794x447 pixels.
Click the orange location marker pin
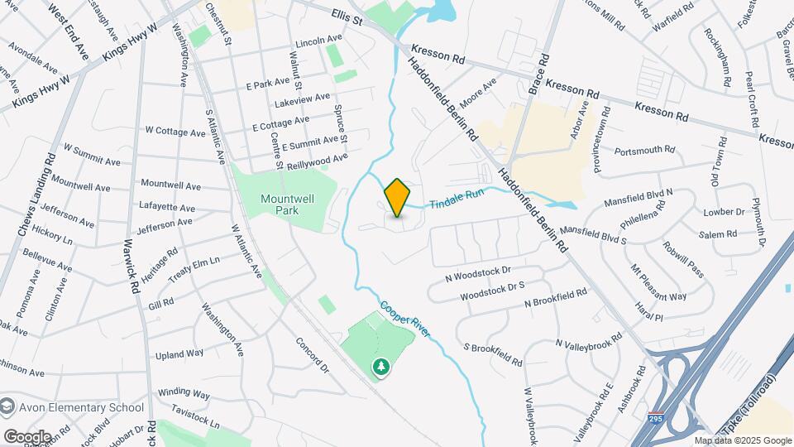(398, 198)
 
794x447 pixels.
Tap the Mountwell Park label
(284, 204)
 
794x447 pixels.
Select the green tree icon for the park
(381, 366)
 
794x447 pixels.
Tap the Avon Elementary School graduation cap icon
(8, 406)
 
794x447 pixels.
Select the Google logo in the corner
(27, 436)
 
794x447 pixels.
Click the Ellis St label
(347, 17)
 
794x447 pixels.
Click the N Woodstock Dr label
(478, 274)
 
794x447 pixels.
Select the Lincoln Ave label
(318, 41)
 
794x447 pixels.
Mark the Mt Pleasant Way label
(658, 282)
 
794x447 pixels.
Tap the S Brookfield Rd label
(493, 354)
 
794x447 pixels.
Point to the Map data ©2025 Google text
(742, 440)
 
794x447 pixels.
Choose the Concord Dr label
(311, 354)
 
